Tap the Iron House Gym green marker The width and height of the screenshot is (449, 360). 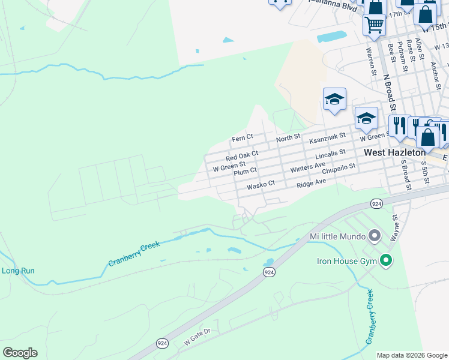(386, 260)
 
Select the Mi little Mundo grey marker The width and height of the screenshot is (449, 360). (375, 235)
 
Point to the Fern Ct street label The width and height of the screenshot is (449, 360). (243, 139)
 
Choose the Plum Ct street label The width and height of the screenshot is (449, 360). (245, 172)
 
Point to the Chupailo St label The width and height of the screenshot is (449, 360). (340, 171)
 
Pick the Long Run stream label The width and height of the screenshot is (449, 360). (18, 271)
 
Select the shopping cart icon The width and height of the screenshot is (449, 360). (374, 25)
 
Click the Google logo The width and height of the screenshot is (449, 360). (20, 353)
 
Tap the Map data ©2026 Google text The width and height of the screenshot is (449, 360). (411, 355)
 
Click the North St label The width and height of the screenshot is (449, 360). (288, 139)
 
